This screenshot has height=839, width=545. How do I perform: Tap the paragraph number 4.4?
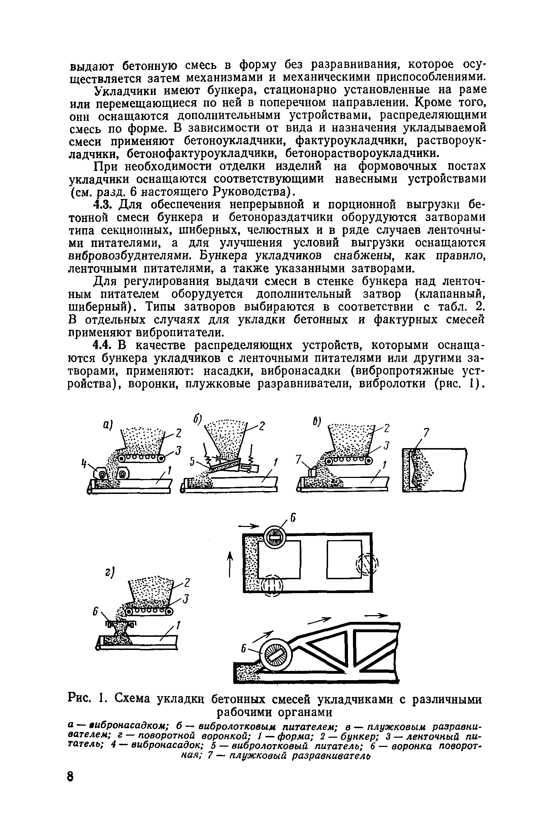pyautogui.click(x=103, y=345)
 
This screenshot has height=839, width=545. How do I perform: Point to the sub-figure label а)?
pyautogui.click(x=107, y=425)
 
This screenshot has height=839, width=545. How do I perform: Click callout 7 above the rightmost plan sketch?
pyautogui.click(x=426, y=432)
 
